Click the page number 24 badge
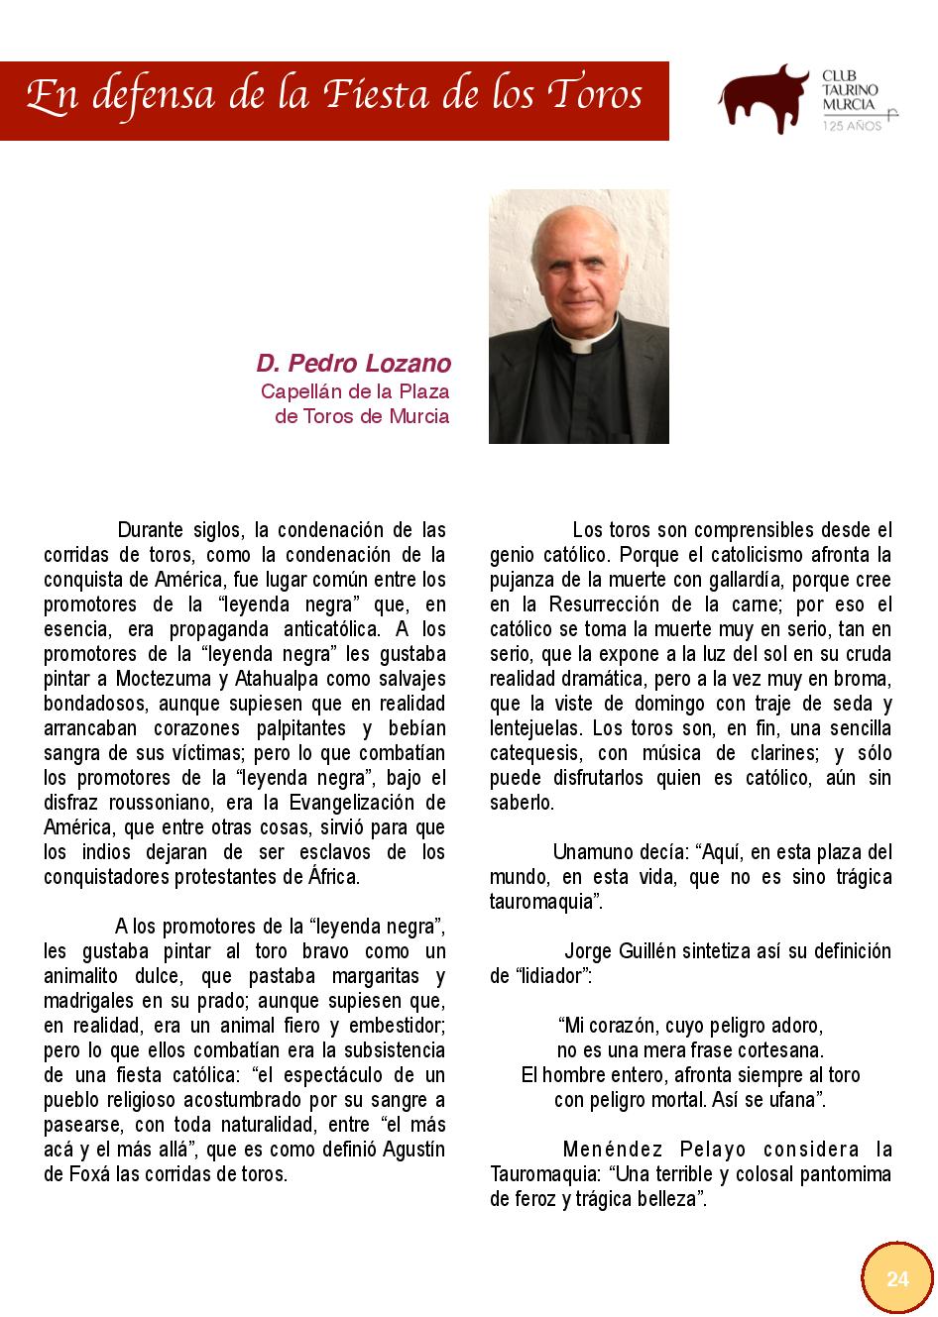pyautogui.click(x=896, y=1278)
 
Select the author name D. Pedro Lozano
pyautogui.click(x=354, y=363)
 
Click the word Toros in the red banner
pyautogui.click(x=595, y=96)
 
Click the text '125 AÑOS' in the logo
pyautogui.click(x=852, y=127)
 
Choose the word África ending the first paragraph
pyautogui.click(x=332, y=877)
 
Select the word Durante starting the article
pyautogui.click(x=152, y=530)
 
